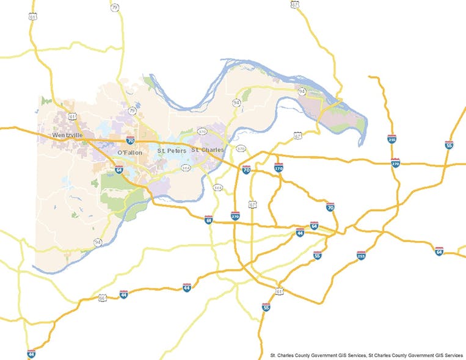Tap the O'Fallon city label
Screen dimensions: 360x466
click(x=129, y=152)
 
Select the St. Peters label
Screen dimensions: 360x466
click(x=172, y=150)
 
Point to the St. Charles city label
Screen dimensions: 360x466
click(x=207, y=149)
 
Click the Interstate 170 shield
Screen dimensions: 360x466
click(x=279, y=167)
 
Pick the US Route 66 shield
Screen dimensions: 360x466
click(x=103, y=298)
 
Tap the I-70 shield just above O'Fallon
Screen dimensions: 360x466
click(x=130, y=140)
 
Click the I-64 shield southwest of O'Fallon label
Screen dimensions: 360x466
click(x=118, y=170)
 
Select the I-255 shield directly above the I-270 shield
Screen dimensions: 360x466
click(x=391, y=140)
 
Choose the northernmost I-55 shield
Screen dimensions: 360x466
click(x=449, y=145)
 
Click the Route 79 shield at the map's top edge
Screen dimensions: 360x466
click(x=115, y=8)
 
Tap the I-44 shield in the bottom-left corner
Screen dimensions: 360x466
click(x=31, y=354)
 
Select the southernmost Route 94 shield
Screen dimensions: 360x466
click(x=98, y=242)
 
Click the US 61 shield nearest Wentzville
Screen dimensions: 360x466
click(x=73, y=116)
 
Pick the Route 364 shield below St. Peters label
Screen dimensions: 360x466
click(x=186, y=166)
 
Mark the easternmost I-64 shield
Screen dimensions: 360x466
click(x=439, y=251)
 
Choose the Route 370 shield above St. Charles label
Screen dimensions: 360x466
click(x=202, y=131)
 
